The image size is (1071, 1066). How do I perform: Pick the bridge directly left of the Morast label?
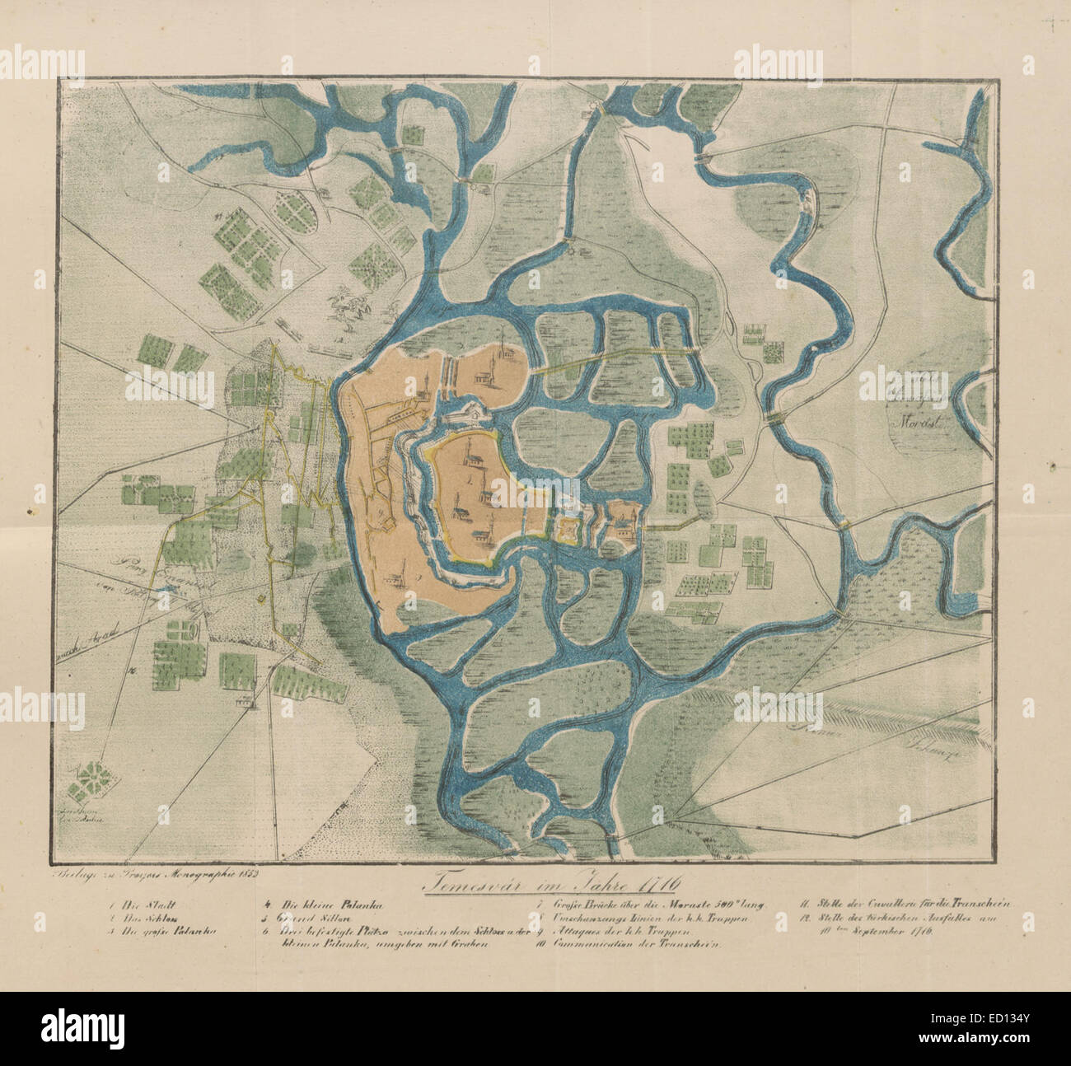pyautogui.click(x=774, y=418)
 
